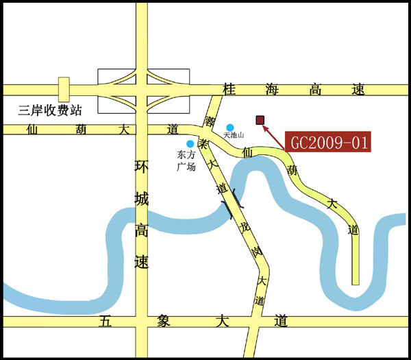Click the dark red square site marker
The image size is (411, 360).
click(x=260, y=121)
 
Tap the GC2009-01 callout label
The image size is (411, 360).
click(x=328, y=143)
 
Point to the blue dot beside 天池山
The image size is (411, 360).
click(x=231, y=128)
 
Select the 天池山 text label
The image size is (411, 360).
click(x=234, y=136)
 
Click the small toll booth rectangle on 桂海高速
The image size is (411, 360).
click(x=64, y=90)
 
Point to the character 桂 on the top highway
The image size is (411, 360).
click(x=229, y=90)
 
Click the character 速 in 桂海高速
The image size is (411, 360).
click(x=358, y=90)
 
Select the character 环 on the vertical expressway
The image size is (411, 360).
click(x=142, y=167)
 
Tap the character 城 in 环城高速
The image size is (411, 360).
click(x=142, y=199)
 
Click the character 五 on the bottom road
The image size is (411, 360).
click(x=105, y=321)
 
